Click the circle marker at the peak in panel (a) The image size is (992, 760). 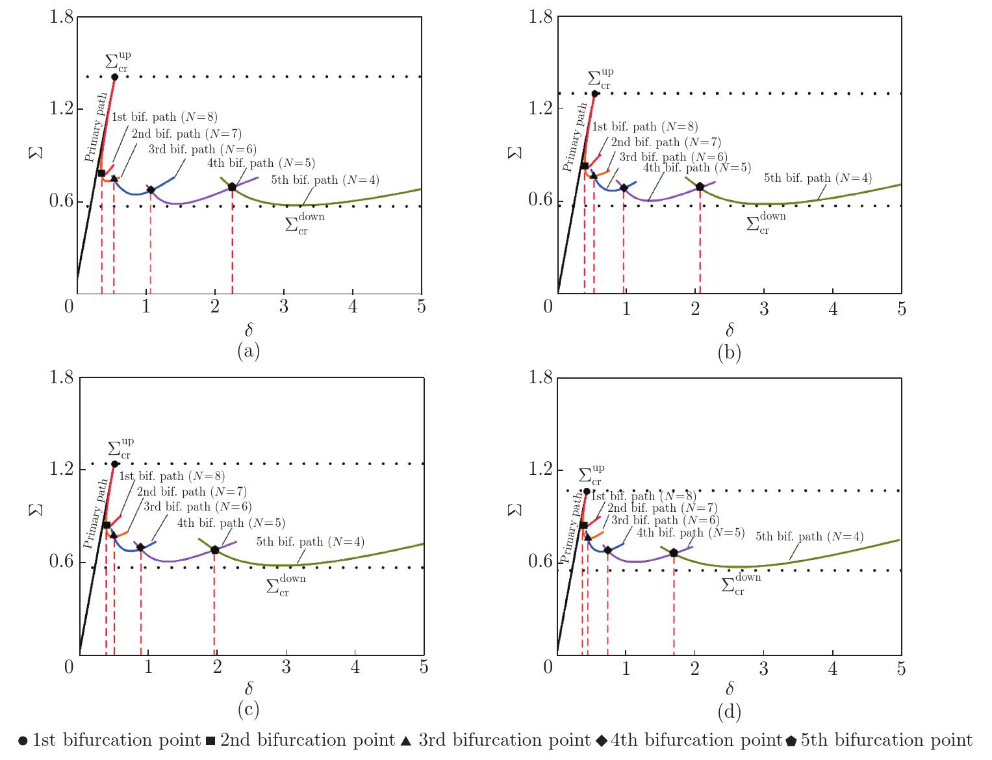(x=115, y=77)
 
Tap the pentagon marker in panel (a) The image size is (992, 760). (x=232, y=187)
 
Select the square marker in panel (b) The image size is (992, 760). (x=584, y=166)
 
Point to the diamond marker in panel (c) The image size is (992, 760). (x=140, y=548)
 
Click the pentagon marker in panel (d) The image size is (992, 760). (x=674, y=553)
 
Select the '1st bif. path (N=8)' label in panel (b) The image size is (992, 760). (x=645, y=127)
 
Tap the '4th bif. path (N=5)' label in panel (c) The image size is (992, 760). (x=232, y=523)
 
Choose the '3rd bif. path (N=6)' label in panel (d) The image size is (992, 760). (x=665, y=520)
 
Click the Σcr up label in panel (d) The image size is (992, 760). (x=591, y=475)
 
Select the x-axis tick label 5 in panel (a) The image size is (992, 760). (x=421, y=307)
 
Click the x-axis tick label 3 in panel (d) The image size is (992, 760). (x=764, y=668)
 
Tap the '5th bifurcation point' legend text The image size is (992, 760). (x=886, y=741)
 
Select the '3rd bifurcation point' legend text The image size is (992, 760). (x=504, y=741)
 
